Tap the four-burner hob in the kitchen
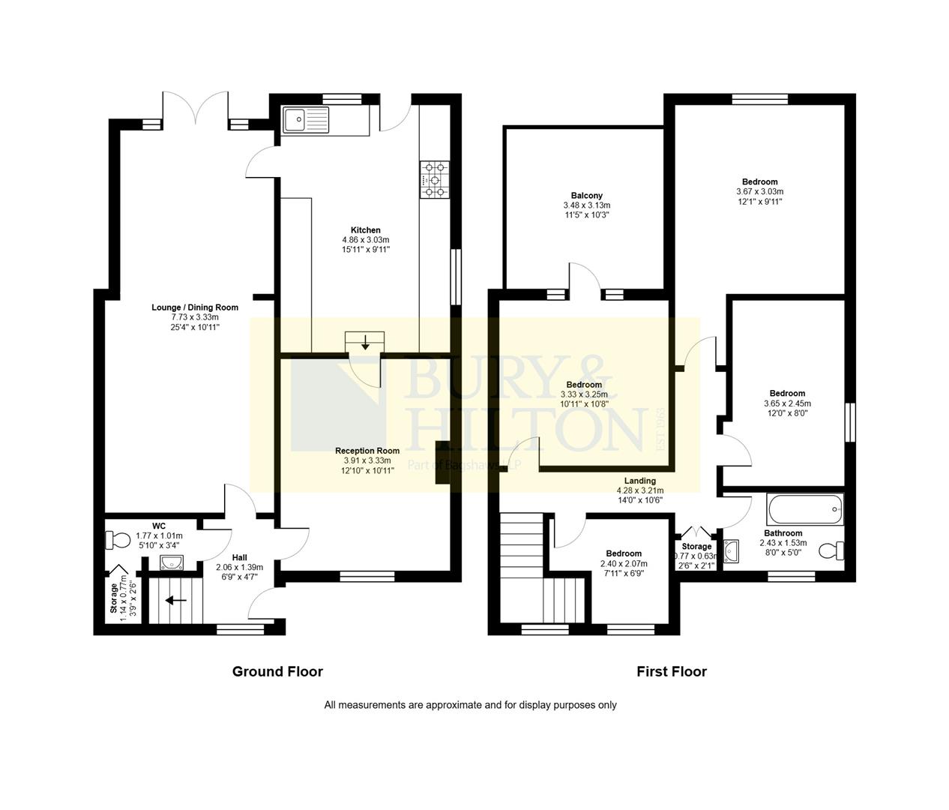coord(435,180)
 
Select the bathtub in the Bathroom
coord(804,510)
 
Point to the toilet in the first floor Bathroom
coord(831,551)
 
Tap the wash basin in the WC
coord(172,562)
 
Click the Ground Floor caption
coord(277,671)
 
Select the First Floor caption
coord(672,671)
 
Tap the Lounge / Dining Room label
coord(195,307)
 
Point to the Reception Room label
coord(367,451)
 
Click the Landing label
coord(640,481)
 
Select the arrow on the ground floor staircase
coord(176,600)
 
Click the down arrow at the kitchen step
coord(365,343)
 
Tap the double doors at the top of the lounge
coord(196,109)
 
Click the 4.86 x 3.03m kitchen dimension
coord(366,240)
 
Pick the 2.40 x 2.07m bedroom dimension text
coord(624,563)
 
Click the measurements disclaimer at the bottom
coord(470,705)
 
